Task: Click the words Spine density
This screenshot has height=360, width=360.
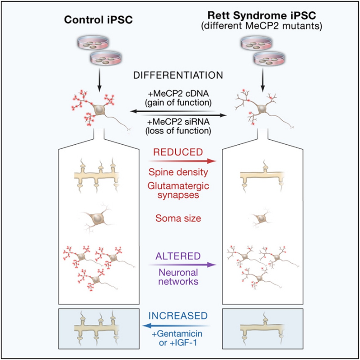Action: (180, 172)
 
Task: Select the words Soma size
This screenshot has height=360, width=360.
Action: (180, 218)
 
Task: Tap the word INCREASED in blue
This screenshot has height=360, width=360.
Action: (180, 315)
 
